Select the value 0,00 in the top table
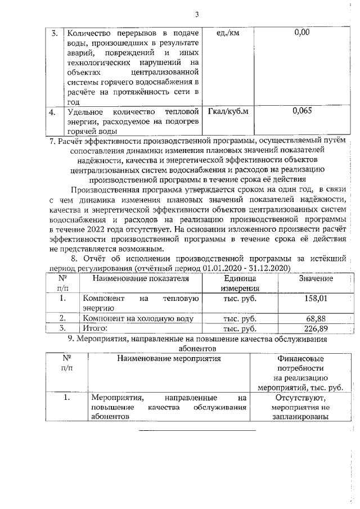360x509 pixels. point(302,33)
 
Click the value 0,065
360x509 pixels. point(302,111)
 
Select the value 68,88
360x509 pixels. point(317,319)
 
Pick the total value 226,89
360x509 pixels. point(316,328)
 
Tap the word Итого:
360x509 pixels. point(95,328)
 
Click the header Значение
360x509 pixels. point(316,278)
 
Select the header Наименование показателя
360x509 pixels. point(139,278)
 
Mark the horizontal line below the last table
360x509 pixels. point(196,430)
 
